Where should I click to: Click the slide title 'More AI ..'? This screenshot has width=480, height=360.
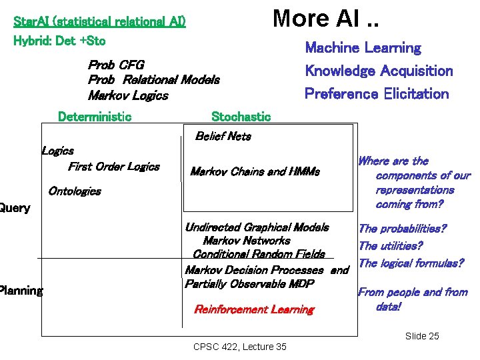click(x=325, y=18)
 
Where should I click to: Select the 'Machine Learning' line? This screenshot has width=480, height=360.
click(x=363, y=48)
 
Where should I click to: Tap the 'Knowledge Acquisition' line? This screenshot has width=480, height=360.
click(x=379, y=71)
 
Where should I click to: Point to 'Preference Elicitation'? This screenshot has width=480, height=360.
click(x=377, y=93)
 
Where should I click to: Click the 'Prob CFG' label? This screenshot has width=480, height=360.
click(x=116, y=65)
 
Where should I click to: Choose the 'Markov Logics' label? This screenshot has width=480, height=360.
click(x=128, y=95)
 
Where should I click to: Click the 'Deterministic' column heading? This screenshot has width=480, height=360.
click(x=95, y=117)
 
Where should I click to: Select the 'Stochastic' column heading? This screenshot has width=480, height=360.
click(x=241, y=117)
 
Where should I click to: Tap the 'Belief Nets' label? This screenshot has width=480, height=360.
click(x=223, y=136)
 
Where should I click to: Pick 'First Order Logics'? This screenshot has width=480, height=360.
click(x=114, y=167)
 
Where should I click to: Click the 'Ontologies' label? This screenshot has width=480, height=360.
click(x=75, y=191)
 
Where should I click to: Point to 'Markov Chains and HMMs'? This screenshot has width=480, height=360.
click(x=255, y=172)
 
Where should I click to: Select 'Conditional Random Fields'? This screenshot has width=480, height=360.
click(x=259, y=254)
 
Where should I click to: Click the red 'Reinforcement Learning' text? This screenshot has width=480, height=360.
click(x=253, y=309)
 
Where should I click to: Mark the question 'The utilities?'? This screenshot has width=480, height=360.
click(x=391, y=246)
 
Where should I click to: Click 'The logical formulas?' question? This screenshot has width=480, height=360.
click(x=411, y=263)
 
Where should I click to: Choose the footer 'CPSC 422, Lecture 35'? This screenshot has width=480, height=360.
click(x=239, y=347)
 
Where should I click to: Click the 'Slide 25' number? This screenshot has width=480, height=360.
click(x=422, y=336)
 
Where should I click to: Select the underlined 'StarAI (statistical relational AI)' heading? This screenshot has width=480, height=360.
click(x=99, y=21)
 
